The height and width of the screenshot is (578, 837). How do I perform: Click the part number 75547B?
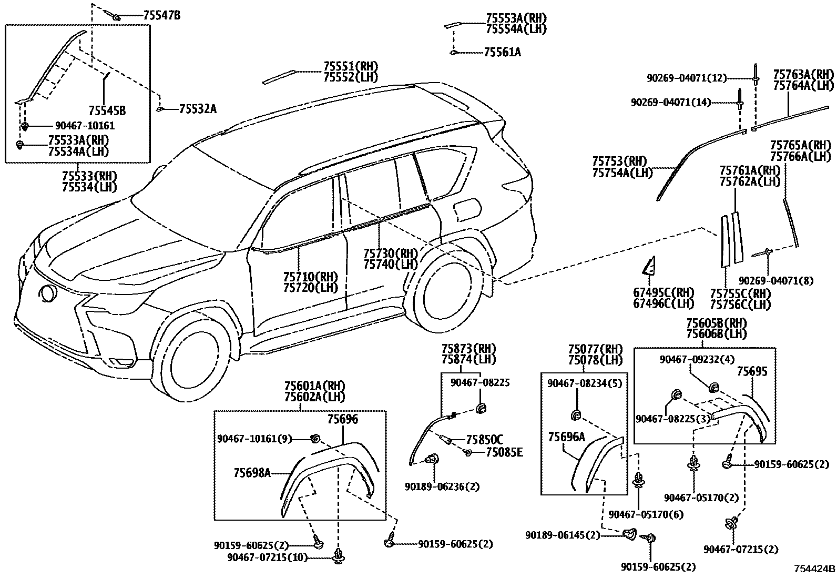tap(161, 16)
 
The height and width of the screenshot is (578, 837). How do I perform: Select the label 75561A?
tap(502, 52)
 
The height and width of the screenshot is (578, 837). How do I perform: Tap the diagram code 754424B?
tap(814, 569)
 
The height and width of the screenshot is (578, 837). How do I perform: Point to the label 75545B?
tap(107, 110)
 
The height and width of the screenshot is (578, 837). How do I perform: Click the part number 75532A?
tap(198, 109)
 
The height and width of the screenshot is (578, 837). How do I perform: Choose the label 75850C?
tap(484, 440)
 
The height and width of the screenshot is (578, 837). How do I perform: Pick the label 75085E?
tap(504, 452)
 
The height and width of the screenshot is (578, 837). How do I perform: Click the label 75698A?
tap(252, 473)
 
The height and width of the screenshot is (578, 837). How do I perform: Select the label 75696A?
tap(566, 437)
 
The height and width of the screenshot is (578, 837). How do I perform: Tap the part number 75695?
tap(752, 372)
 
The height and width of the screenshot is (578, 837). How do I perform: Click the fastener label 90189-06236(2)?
tap(442, 486)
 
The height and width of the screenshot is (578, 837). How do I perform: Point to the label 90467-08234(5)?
tap(585, 384)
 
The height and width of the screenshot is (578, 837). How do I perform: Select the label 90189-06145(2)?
tap(562, 535)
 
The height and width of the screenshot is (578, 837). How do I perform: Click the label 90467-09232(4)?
tap(697, 360)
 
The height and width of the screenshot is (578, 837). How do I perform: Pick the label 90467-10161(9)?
tap(254, 438)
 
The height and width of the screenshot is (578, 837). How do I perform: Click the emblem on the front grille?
tap(47, 293)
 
